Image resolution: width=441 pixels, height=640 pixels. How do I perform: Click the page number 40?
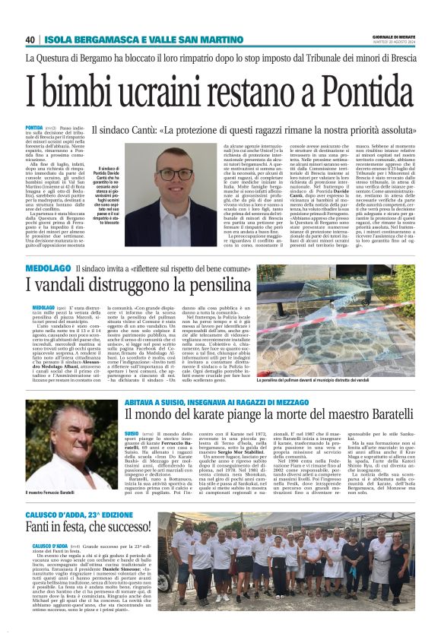pyautogui.click(x=31, y=40)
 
